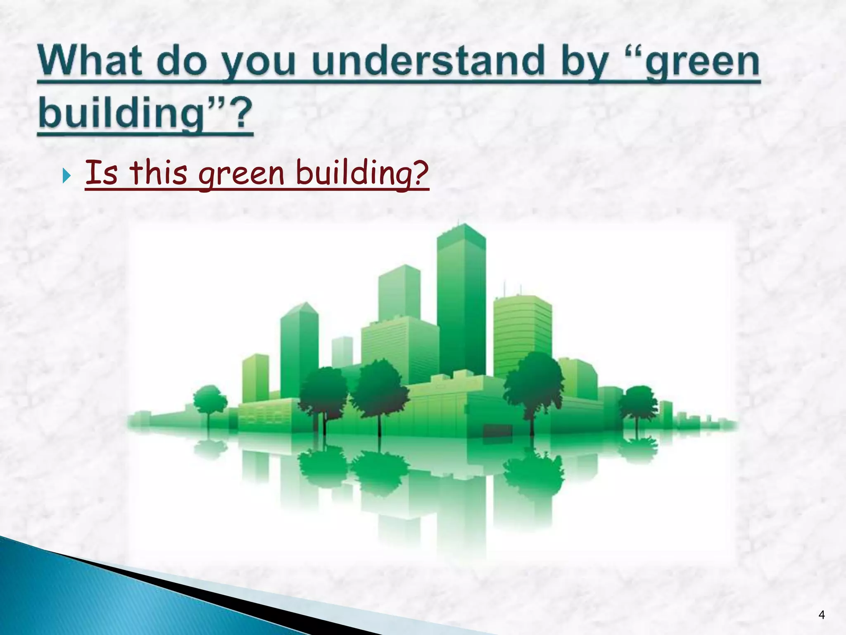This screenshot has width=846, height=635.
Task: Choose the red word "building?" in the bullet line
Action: tap(362, 174)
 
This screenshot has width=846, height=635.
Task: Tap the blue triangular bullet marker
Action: tap(66, 177)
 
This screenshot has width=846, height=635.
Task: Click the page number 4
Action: tap(821, 615)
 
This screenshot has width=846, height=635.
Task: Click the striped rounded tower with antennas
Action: tap(522, 331)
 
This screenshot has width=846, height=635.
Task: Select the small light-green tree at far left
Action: tap(209, 399)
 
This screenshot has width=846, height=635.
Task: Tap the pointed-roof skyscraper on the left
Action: tap(299, 347)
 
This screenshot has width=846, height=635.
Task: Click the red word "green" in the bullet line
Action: tap(241, 174)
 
